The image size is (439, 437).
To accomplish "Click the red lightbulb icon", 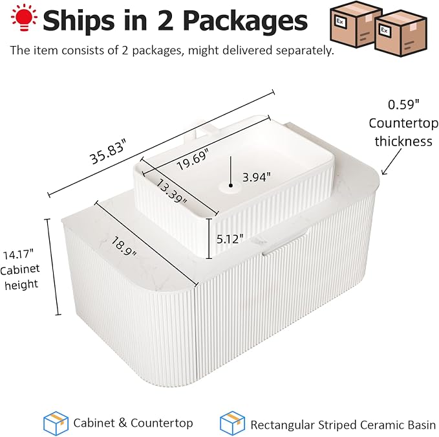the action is pos(24,17).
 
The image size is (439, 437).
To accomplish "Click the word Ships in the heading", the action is pos(79,21).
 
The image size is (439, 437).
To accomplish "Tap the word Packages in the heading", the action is pos(246,21).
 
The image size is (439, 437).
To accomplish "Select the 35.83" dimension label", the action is pos(108,153).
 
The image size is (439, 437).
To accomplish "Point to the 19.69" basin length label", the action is pos(193,159).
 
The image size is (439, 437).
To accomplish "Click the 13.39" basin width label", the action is pos(171,191).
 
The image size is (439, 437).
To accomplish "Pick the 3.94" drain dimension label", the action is pos(257,177).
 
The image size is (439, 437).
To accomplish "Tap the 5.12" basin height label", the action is pos(230,239).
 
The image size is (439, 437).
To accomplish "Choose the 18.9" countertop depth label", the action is pos(123,247).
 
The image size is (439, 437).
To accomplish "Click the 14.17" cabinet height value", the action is pos(18,255).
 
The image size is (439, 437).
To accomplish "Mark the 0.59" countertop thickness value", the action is pos(403,105).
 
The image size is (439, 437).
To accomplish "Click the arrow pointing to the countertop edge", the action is pos(391,162).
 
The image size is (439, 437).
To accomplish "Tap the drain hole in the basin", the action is pos(230,186).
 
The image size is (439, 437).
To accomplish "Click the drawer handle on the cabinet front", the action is pos(284,243).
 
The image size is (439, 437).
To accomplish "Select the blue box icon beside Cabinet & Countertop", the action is pos(56,423).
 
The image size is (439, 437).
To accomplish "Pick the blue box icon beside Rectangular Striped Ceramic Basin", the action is pos(232,423).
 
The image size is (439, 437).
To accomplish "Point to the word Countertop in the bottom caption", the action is pos(162,423).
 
